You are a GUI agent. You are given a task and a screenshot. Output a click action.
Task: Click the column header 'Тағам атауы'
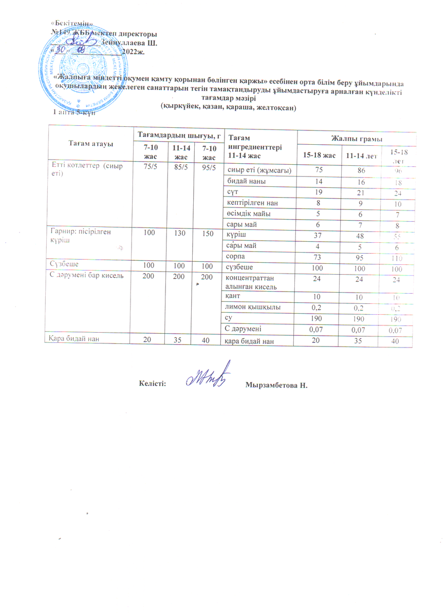pyautogui.click(x=88, y=144)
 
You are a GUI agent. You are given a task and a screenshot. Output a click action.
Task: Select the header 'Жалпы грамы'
pyautogui.click(x=357, y=139)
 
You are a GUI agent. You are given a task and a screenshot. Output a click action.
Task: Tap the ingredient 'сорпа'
pyautogui.click(x=238, y=256)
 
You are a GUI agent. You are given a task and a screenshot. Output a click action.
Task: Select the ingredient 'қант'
pyautogui.click(x=234, y=297)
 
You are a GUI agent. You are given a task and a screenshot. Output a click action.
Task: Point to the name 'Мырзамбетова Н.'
pyautogui.click(x=279, y=384)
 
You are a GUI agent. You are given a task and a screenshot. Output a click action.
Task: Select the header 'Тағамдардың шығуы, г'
pyautogui.click(x=178, y=135)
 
